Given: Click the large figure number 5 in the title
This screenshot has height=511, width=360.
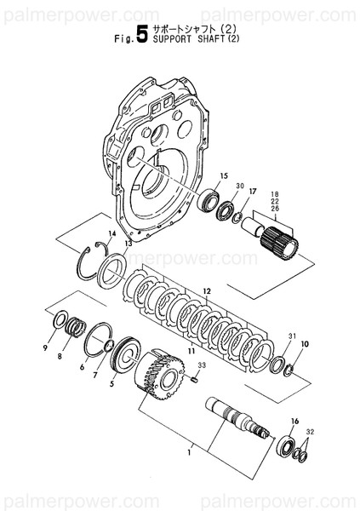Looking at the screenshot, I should point(130,38).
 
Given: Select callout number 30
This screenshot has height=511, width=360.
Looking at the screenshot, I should point(240,186).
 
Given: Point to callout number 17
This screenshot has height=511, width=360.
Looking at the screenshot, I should point(253,192).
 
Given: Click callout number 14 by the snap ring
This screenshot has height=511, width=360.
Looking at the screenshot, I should point(111,234).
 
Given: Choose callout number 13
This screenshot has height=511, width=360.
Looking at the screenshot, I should point(128,244).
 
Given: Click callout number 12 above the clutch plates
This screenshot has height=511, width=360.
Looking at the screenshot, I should point(205,291).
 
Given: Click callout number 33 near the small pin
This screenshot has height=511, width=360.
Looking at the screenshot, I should point(201,366).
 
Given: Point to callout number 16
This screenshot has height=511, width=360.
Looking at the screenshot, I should point(295,422).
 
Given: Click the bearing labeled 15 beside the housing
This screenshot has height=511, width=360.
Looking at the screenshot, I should point(209,203).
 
